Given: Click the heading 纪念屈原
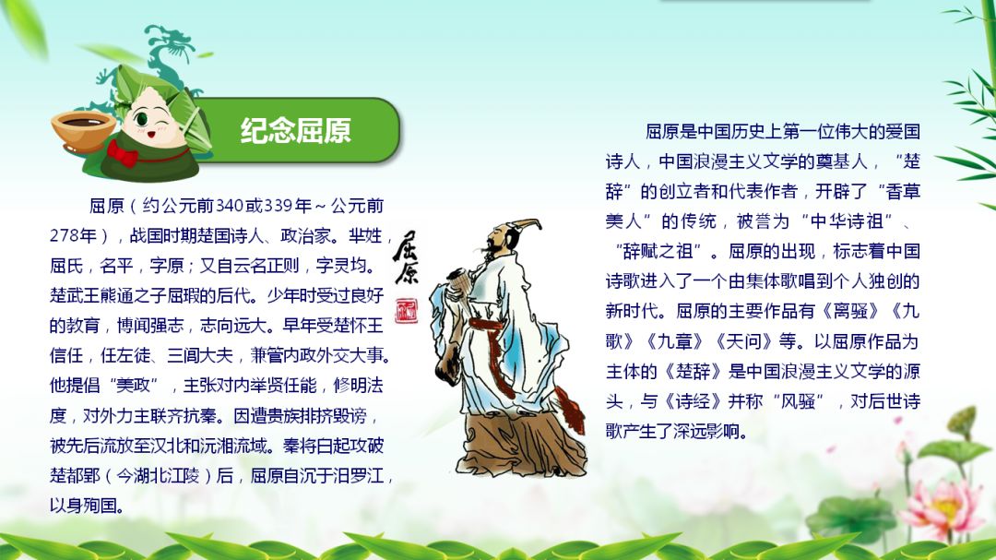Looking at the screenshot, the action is (x=295, y=130).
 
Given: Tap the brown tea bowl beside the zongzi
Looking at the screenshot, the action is (x=83, y=131).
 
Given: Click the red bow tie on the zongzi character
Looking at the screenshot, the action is (x=123, y=153).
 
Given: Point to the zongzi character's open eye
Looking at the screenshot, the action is (x=141, y=119).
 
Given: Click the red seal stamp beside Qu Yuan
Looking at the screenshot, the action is (x=406, y=310).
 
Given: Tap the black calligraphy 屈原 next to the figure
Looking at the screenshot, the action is (x=405, y=256).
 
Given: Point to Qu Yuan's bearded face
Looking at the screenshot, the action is (x=496, y=244).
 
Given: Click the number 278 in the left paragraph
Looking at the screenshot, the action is (x=65, y=236).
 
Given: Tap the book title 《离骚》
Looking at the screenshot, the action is (x=850, y=312).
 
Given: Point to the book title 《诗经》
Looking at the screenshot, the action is (x=693, y=401).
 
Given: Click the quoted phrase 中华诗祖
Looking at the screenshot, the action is (x=847, y=221).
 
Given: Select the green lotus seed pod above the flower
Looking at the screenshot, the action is (x=962, y=421).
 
